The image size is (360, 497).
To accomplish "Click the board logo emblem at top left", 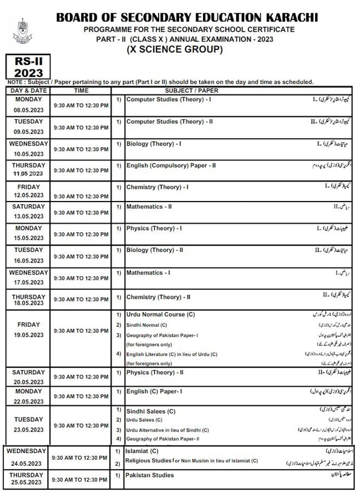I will pyautogui.click(x=22, y=31).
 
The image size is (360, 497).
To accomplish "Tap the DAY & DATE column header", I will pyautogui.click(x=29, y=90).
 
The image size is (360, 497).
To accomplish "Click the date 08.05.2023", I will pyautogui.click(x=29, y=110).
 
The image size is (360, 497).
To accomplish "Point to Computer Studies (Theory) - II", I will pyautogui.click(x=170, y=121).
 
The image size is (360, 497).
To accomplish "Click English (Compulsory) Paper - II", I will pyautogui.click(x=171, y=165).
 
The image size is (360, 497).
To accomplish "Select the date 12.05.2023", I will pyautogui.click(x=29, y=196).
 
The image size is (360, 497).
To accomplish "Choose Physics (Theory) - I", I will pyautogui.click(x=154, y=228).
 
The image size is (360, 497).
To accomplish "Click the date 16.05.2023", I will pyautogui.click(x=29, y=260).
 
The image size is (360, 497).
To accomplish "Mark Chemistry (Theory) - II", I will pyautogui.click(x=158, y=297).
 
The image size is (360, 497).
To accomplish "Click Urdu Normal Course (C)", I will pyautogui.click(x=160, y=315).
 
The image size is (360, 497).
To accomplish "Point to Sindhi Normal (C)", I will pyautogui.click(x=150, y=325).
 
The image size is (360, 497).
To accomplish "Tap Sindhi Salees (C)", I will pyautogui.click(x=151, y=411).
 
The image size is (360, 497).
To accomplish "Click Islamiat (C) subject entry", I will pyautogui.click(x=142, y=450).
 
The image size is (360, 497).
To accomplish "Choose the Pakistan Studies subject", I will pyautogui.click(x=150, y=475).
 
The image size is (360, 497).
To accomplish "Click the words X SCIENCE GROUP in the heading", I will pyautogui.click(x=175, y=49).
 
